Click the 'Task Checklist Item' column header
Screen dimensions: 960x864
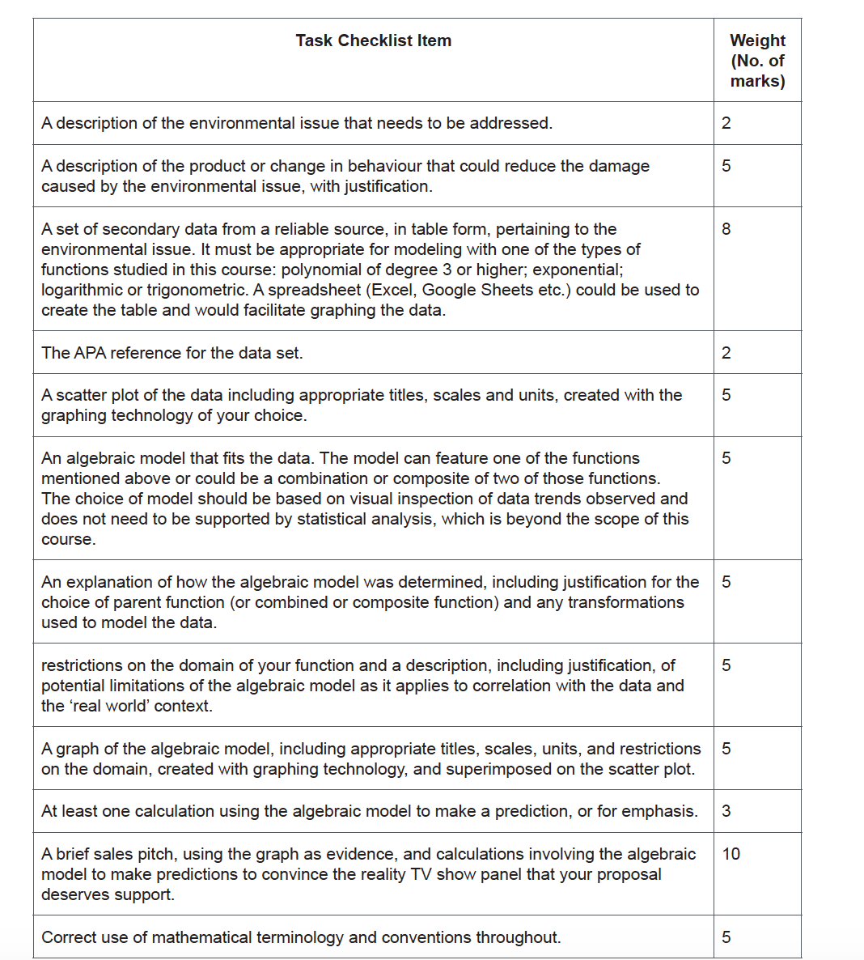(373, 40)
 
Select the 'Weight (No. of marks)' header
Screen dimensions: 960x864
(757, 61)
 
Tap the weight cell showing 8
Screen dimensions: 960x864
(726, 229)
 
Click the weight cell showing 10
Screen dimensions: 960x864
(731, 854)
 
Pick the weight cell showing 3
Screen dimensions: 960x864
(726, 811)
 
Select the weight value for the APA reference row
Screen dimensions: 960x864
(726, 353)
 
